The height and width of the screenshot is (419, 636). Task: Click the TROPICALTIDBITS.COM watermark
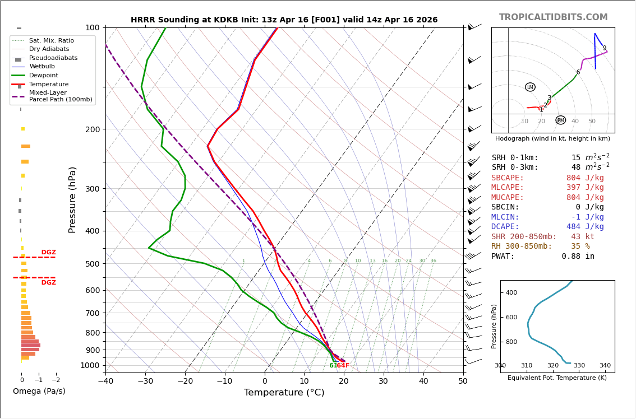(553, 17)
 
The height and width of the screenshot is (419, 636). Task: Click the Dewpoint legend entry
(43, 75)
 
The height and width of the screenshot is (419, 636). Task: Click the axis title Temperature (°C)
(284, 393)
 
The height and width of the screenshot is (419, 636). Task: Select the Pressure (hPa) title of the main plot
(72, 199)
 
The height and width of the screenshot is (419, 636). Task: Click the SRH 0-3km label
(515, 167)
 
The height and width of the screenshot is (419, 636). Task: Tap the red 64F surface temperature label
(343, 366)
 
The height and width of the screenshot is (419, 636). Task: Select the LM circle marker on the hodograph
(530, 87)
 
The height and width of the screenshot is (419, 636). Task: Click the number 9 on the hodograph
(604, 48)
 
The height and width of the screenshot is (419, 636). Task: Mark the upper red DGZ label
(48, 253)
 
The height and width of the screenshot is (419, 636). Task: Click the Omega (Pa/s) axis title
(39, 392)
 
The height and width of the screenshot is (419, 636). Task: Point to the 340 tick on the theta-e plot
(605, 366)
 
